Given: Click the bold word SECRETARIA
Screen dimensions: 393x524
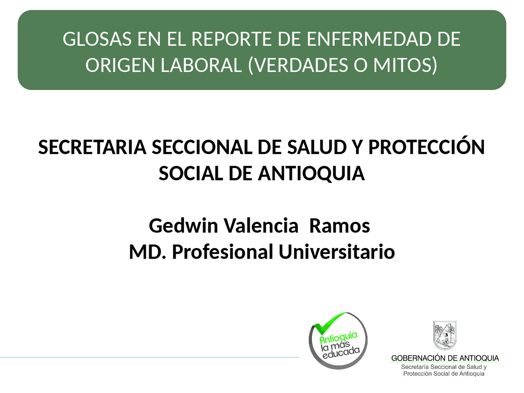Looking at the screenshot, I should (92, 147).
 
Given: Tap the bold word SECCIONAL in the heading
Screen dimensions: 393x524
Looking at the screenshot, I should (202, 147).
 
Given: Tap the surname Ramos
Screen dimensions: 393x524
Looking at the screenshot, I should (339, 226).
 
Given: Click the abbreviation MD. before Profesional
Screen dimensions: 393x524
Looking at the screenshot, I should (148, 252).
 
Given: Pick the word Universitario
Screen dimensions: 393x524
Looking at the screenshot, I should (337, 252).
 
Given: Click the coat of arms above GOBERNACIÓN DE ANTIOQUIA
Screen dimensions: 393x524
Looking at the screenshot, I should (445, 335).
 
